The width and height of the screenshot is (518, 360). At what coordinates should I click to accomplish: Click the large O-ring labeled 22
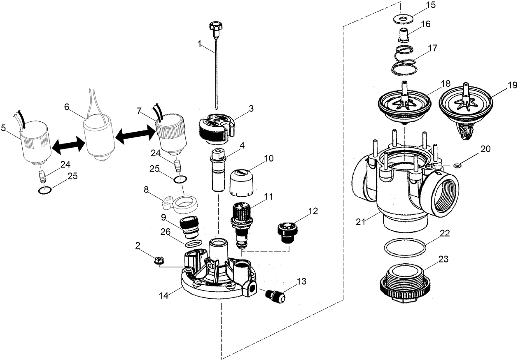[404, 249]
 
